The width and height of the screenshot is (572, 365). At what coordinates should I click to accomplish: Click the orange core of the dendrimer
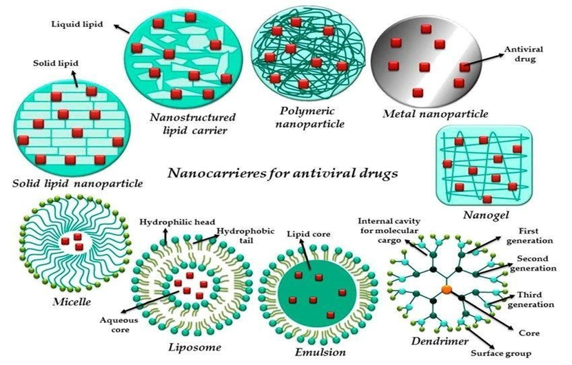(x=447, y=289)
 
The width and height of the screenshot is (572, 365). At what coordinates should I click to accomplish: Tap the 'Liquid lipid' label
(x=77, y=24)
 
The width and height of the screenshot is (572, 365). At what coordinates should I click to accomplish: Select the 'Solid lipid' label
(x=56, y=63)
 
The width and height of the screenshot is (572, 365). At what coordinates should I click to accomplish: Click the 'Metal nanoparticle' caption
(x=435, y=114)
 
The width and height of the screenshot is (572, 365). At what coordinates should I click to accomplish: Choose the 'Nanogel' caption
(x=486, y=215)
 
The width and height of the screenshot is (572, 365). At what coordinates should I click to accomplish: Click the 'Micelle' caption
(x=72, y=302)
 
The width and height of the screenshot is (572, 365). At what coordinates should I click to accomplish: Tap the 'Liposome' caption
(x=194, y=347)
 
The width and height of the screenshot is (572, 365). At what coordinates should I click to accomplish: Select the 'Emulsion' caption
(x=320, y=352)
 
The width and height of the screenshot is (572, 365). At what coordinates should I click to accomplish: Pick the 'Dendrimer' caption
(x=440, y=341)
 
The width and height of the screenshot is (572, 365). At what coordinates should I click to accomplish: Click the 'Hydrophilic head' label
(x=177, y=222)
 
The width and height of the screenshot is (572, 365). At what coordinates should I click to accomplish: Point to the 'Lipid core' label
(x=308, y=234)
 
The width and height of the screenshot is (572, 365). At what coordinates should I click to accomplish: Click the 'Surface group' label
(x=501, y=353)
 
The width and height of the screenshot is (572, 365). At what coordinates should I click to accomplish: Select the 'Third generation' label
(x=531, y=300)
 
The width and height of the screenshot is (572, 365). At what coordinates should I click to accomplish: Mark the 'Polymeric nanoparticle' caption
(x=310, y=117)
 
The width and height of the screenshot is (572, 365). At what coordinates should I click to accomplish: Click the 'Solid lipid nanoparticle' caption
(x=77, y=183)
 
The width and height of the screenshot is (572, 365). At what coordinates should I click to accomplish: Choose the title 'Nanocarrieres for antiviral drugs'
(x=283, y=173)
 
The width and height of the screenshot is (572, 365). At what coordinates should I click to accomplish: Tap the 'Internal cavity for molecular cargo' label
(x=389, y=231)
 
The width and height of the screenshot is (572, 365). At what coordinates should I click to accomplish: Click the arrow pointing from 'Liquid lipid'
(x=122, y=29)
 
